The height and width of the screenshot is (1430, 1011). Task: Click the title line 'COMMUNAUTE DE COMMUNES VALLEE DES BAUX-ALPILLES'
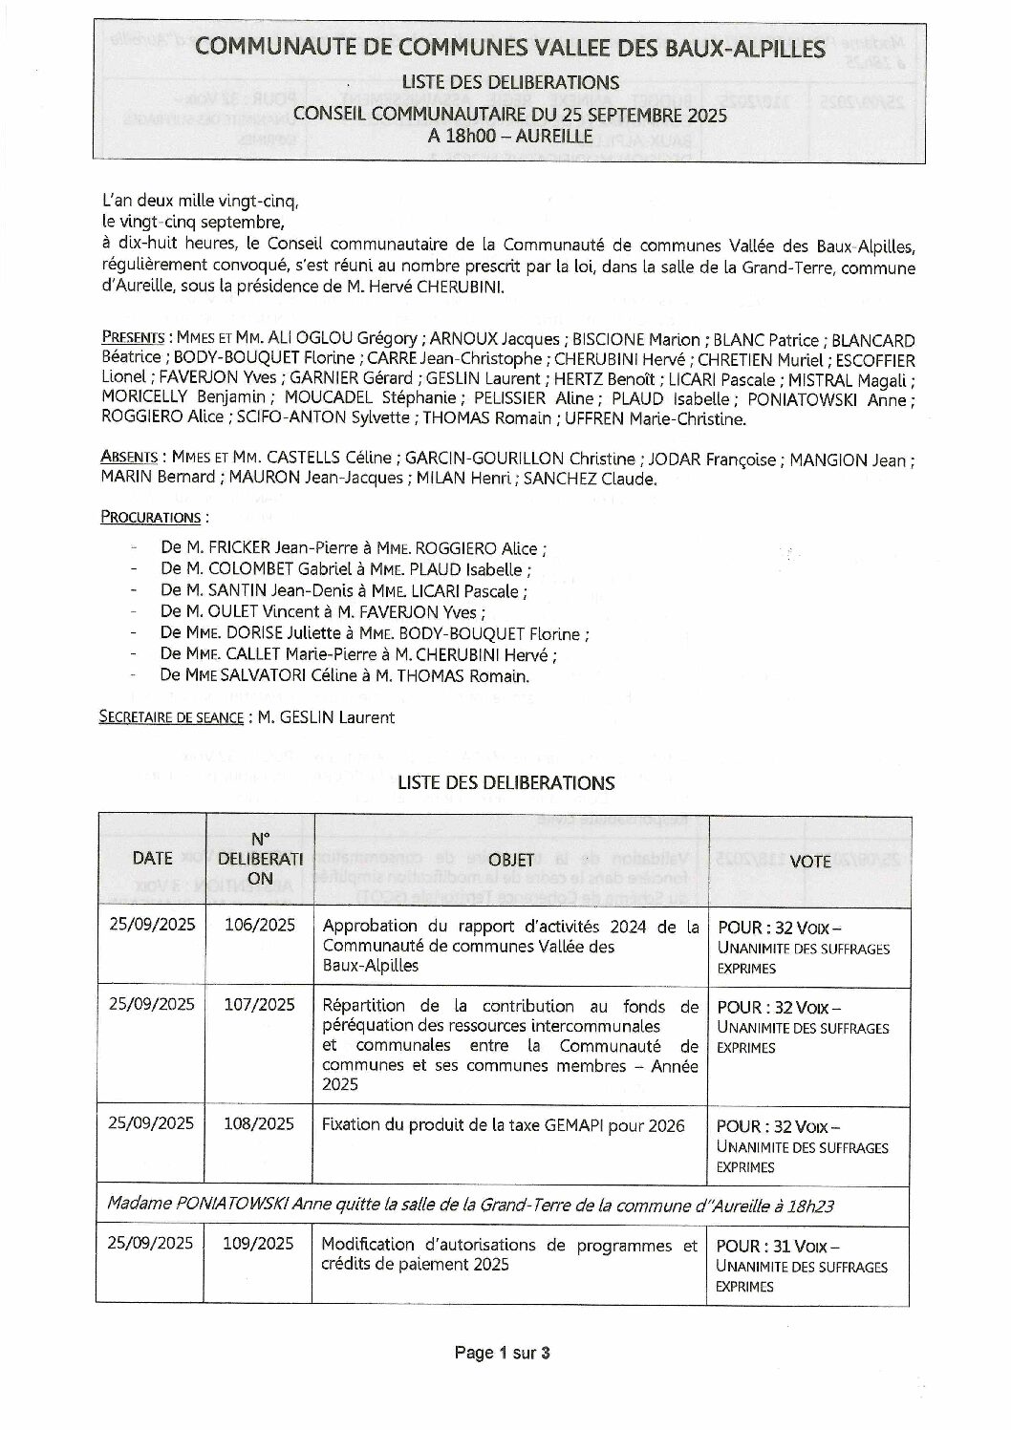click(x=510, y=48)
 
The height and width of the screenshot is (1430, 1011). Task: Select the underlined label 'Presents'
click(x=132, y=339)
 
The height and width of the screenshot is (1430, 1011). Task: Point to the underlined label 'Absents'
click(x=129, y=459)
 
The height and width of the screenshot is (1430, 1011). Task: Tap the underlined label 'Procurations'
click(x=150, y=518)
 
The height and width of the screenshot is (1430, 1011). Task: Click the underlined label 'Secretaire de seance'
click(x=170, y=717)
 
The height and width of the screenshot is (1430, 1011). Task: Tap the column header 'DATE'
click(x=152, y=859)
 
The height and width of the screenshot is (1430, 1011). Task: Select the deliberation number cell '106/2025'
click(x=259, y=925)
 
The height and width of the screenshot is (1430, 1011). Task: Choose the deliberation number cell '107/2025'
click(x=259, y=1004)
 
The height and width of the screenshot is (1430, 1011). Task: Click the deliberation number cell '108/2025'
click(x=259, y=1123)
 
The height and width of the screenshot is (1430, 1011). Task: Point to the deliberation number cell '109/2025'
click(x=259, y=1243)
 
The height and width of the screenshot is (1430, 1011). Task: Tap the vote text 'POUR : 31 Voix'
click(x=777, y=1247)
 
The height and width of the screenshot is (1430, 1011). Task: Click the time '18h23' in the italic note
click(x=810, y=1206)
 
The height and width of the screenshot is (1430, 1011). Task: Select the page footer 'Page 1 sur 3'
click(x=503, y=1353)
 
